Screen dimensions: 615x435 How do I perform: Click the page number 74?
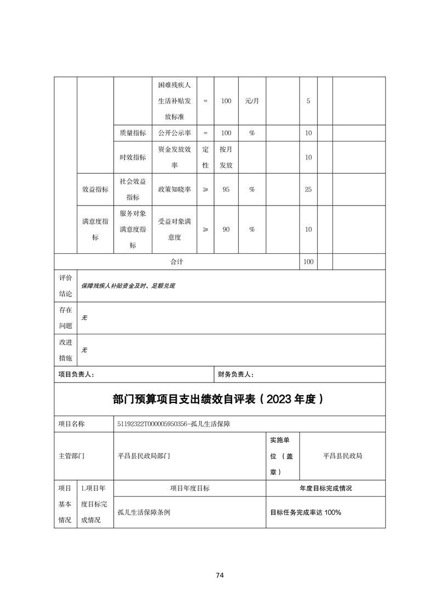click(x=219, y=575)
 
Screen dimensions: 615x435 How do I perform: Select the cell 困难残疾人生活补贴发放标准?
click(x=174, y=101)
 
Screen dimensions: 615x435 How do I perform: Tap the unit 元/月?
click(x=252, y=101)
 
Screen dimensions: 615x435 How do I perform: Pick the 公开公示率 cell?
click(x=174, y=133)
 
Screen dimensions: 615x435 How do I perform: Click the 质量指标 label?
click(x=133, y=133)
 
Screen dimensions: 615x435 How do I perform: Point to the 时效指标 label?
click(x=133, y=157)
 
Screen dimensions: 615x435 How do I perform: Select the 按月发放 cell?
click(x=226, y=157)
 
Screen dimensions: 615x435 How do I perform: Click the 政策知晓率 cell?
click(x=174, y=189)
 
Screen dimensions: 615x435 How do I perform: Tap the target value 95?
click(x=226, y=189)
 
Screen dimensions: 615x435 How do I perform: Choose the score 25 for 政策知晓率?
click(x=308, y=189)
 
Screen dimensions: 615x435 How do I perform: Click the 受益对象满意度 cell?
click(x=174, y=230)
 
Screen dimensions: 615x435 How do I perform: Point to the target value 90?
click(x=226, y=230)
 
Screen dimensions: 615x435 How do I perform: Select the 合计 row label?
click(x=177, y=262)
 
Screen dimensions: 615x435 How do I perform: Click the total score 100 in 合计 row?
click(x=308, y=262)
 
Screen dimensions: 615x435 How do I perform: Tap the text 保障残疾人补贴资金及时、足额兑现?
click(x=128, y=286)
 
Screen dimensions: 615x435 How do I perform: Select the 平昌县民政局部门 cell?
click(x=144, y=455)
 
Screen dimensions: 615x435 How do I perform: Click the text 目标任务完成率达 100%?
click(x=306, y=512)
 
